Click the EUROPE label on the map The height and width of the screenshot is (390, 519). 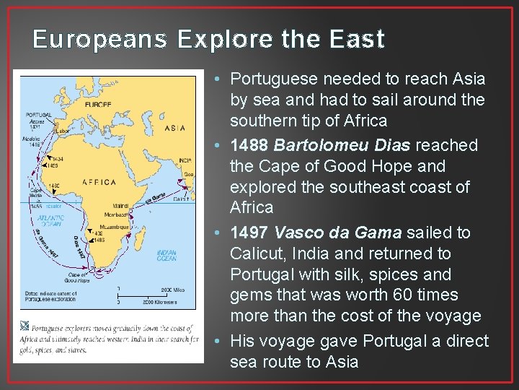pos(98,104)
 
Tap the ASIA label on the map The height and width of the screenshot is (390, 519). pos(174,128)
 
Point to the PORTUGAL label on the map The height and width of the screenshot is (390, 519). pos(38,114)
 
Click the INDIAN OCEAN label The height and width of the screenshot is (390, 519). pos(167,254)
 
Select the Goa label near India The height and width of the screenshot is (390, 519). pos(190,174)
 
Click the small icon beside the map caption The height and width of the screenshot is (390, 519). pos(27,327)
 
